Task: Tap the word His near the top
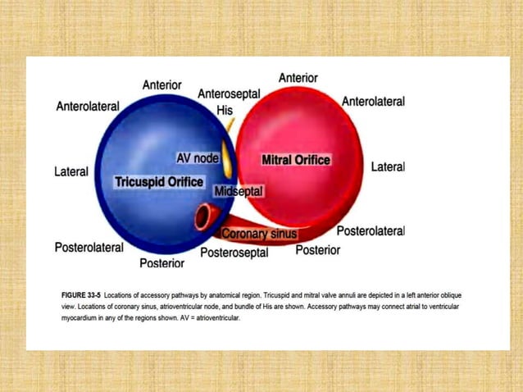(x=225, y=110)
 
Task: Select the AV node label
(x=198, y=157)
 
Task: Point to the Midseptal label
(x=238, y=191)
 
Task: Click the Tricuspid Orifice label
(x=159, y=181)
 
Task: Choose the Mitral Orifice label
(x=295, y=160)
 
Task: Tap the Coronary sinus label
(x=260, y=234)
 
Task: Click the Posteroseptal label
(x=234, y=253)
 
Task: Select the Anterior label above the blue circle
(x=162, y=85)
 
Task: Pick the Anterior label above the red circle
(x=298, y=78)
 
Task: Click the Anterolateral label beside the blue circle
(x=88, y=107)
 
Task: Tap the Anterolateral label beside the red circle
(x=373, y=102)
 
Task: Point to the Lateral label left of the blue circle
(x=71, y=172)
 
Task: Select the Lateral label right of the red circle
(x=388, y=166)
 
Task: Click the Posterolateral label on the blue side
(x=89, y=247)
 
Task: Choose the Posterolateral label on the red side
(x=371, y=231)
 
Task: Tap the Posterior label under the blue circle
(x=161, y=263)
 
